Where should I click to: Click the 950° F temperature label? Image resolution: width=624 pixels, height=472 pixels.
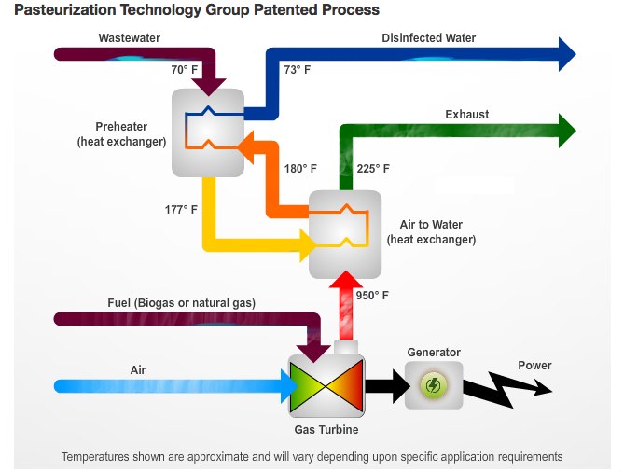pos(372,296)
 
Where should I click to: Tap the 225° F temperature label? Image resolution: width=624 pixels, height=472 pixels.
pos(373,169)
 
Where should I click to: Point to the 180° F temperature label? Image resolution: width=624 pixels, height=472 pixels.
pos(300,169)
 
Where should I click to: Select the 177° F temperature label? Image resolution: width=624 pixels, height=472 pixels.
pos(181,209)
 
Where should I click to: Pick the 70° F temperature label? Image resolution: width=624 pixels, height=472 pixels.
pos(186,70)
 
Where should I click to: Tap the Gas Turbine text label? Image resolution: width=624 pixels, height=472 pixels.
pos(326,430)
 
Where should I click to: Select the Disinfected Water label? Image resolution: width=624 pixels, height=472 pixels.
pos(428,38)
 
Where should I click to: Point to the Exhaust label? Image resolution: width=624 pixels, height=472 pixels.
pos(466,115)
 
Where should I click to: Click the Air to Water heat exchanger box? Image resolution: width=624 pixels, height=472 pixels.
pos(345,233)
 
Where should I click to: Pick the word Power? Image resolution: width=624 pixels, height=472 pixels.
pos(534,366)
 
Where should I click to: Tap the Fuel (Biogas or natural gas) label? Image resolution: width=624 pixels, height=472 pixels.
pos(181,303)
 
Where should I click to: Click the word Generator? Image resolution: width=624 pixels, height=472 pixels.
pos(434,353)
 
